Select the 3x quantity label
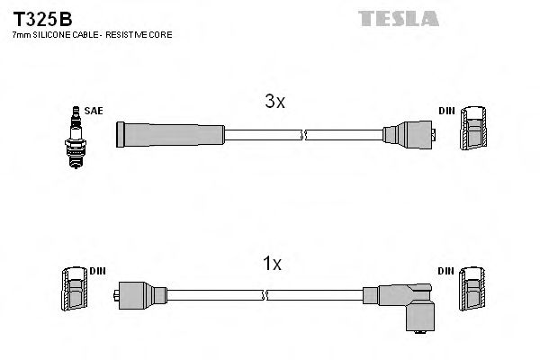pos(274,103)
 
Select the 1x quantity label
pos(271,264)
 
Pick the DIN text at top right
pos(446,111)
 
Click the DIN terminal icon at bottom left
pos(74,291)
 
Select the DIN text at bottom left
pos(98,270)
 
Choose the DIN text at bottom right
pos(446,270)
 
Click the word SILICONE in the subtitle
pos(53,34)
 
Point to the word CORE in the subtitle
pos(160,34)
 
